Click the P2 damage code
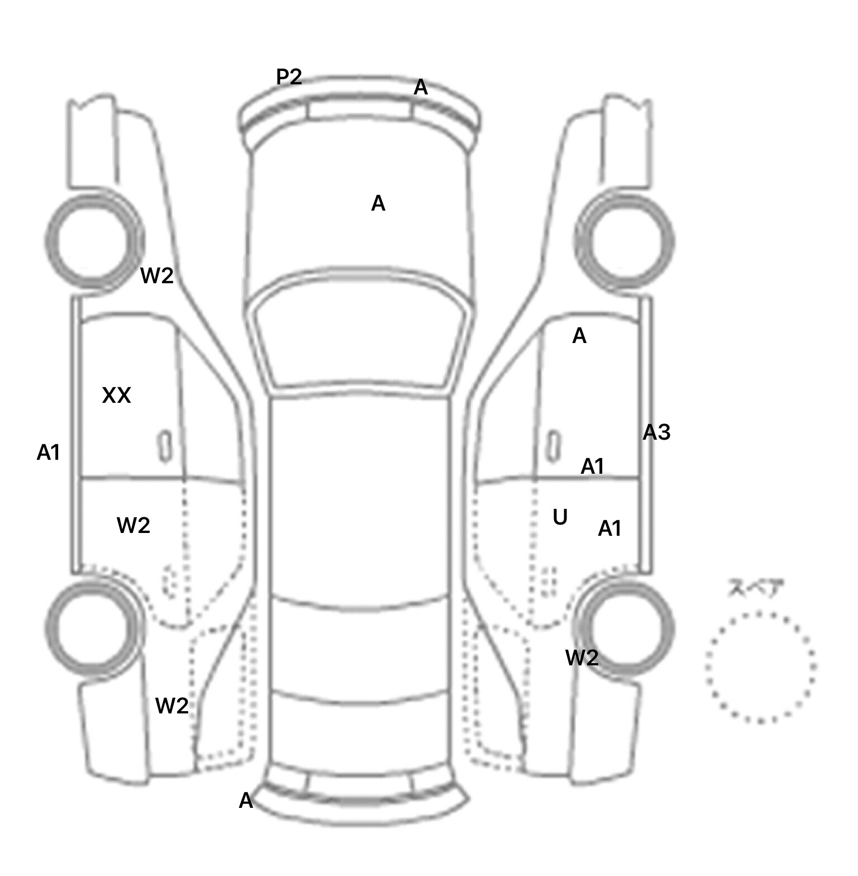(x=289, y=77)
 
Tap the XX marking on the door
(x=116, y=396)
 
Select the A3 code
(x=656, y=432)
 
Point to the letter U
(x=560, y=518)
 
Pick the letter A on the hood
(x=378, y=204)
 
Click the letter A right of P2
(x=421, y=88)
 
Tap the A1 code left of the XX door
(x=48, y=453)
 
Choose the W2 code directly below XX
(x=134, y=525)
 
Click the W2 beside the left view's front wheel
(x=157, y=275)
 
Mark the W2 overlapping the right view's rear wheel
(x=582, y=658)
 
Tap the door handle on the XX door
(x=165, y=446)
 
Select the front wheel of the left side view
(x=93, y=241)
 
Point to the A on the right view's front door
(x=579, y=336)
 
